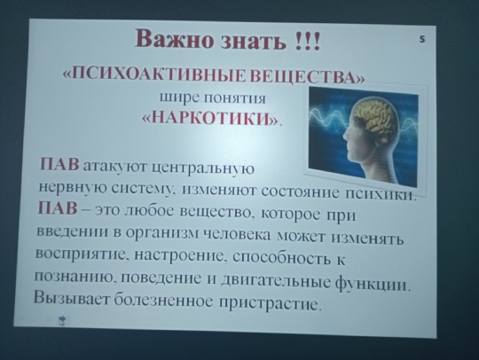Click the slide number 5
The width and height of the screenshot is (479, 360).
point(422,39)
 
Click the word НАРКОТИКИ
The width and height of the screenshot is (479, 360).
point(211,118)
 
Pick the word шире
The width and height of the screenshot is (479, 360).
point(179,98)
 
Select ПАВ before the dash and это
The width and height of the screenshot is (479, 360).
point(58,208)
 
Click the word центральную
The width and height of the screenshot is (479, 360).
point(203,168)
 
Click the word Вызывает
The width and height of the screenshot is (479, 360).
point(71,297)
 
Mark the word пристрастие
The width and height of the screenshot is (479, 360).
point(270,303)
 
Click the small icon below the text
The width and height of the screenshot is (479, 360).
point(62,321)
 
